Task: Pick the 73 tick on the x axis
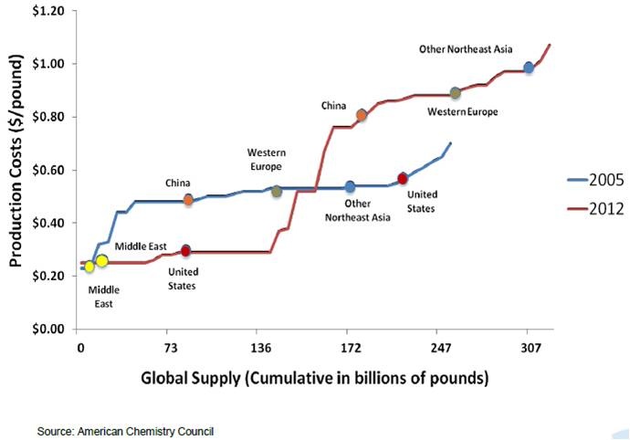(169, 348)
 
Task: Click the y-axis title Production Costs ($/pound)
(16, 170)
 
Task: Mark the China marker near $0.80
(362, 115)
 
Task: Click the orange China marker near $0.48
(188, 199)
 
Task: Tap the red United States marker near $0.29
(185, 250)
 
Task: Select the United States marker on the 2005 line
(403, 178)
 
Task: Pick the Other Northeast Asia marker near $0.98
(529, 68)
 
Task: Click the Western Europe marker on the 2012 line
(455, 93)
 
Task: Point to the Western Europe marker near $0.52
(277, 192)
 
